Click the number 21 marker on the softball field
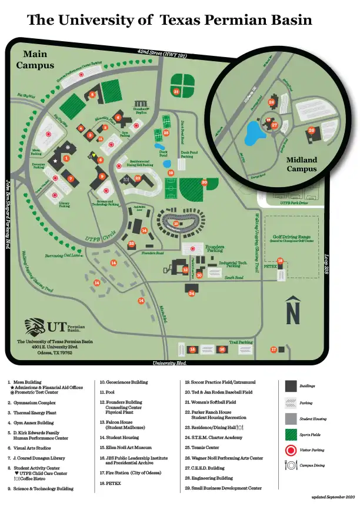coord(176,91)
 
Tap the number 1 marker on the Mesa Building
coord(66,158)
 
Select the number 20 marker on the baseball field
coord(204,182)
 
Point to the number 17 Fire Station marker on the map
coord(274,349)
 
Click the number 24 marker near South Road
coord(191,293)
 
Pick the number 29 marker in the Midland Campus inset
coord(312,130)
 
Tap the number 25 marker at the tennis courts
coord(166,133)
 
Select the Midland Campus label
coord(301,164)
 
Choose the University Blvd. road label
coord(174,363)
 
